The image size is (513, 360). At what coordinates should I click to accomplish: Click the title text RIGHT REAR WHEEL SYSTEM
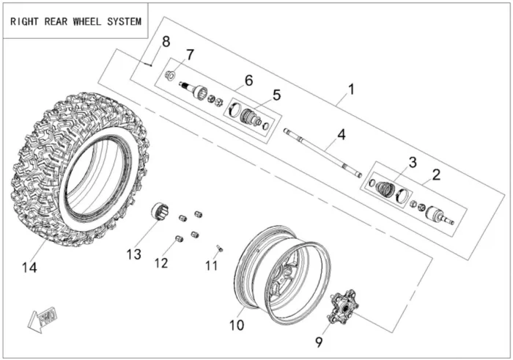75,21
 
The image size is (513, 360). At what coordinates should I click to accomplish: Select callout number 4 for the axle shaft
341,134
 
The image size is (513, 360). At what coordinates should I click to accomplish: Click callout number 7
190,54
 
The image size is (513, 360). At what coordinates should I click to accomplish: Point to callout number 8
166,41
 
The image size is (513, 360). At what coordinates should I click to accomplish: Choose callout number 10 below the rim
237,325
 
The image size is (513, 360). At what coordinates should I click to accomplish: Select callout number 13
133,254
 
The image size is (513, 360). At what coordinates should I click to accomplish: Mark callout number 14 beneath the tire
29,268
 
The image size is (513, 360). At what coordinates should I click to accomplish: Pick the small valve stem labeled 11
219,247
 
